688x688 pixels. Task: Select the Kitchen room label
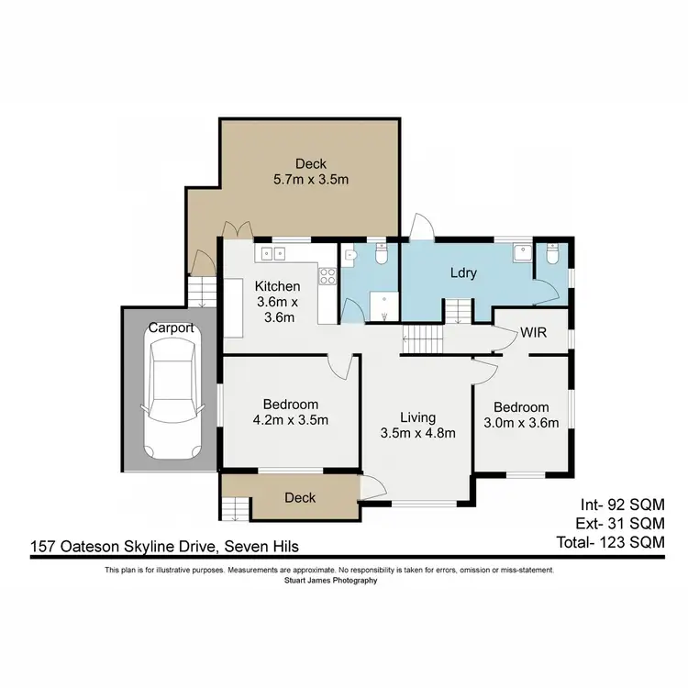(x=277, y=286)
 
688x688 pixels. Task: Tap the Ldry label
(x=462, y=273)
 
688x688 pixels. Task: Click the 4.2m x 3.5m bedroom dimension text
(x=292, y=420)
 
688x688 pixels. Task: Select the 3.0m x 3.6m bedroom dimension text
(x=521, y=423)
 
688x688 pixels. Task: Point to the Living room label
(x=416, y=418)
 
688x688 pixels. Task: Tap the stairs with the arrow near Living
(x=424, y=342)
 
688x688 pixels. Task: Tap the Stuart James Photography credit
(x=330, y=580)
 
